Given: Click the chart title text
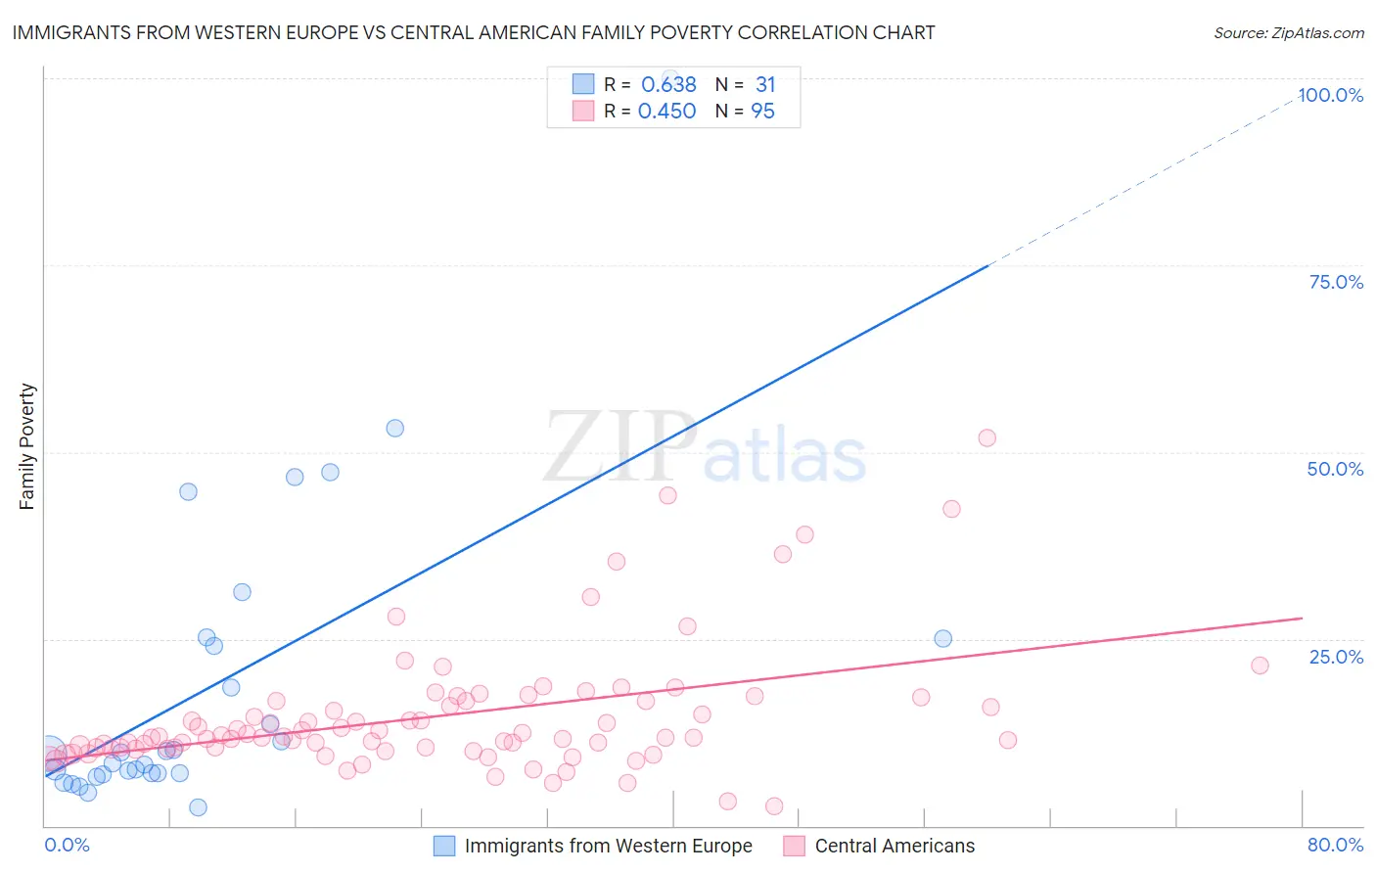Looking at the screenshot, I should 474,32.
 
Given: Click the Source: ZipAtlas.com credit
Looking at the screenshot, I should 1288,32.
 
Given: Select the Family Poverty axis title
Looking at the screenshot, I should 27,446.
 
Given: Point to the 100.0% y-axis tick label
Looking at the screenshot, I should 1330,95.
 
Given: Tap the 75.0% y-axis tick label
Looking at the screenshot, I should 1336,282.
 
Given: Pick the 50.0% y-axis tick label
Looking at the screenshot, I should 1335,469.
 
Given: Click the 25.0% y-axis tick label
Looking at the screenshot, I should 1336,657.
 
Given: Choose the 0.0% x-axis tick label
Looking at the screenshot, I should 67,845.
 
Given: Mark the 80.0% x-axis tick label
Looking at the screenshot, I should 1335,845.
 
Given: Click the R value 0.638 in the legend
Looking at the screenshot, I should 668,85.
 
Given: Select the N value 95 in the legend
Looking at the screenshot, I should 762,112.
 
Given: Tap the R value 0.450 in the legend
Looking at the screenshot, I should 666,112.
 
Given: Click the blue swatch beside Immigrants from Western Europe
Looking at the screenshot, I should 444,846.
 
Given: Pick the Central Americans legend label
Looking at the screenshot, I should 894,846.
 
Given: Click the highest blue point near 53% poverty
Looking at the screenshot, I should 394,428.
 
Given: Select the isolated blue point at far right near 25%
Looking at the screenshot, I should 942,638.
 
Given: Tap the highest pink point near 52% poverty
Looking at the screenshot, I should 986,437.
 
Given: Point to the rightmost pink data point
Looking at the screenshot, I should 1260,666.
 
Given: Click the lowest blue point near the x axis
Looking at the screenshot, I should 198,807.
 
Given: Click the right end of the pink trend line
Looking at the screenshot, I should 1302,619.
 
